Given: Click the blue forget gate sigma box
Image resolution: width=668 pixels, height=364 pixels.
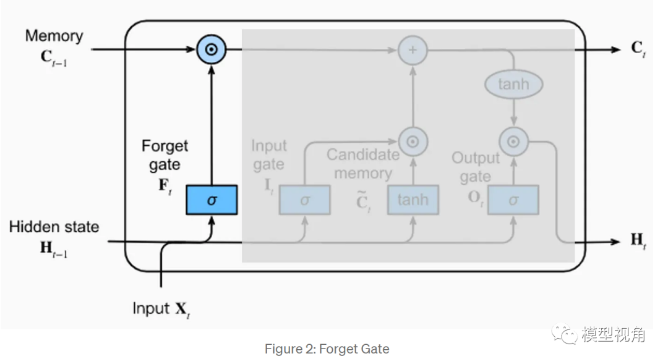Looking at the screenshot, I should click(212, 200).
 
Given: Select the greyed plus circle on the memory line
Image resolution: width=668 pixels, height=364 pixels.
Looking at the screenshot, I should click(412, 49).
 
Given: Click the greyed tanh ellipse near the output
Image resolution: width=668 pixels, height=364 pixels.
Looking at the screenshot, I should click(513, 84).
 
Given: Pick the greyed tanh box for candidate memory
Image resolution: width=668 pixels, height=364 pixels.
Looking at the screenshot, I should click(413, 200).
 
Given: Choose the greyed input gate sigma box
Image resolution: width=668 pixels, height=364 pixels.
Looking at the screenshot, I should click(304, 200).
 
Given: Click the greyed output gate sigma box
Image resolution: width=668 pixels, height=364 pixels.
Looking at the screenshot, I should click(513, 200).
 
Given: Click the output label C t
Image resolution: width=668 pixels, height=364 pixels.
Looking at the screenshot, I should click(638, 49).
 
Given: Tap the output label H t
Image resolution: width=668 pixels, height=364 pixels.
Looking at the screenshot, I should click(638, 240).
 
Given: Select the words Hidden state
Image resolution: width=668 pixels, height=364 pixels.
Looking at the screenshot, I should click(54, 227).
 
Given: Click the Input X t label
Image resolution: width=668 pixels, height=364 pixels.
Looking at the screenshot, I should click(161, 308).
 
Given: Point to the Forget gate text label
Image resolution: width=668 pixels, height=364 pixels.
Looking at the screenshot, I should click(165, 155).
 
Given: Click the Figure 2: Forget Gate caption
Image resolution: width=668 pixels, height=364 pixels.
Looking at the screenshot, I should click(327, 349).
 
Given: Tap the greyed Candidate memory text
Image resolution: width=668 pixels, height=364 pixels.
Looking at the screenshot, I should click(363, 164).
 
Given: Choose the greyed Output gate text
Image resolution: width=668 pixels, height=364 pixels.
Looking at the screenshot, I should click(475, 167).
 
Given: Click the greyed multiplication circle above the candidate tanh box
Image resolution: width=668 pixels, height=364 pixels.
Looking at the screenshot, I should click(413, 142).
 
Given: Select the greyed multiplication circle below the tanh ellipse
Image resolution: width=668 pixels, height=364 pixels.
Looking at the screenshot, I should click(513, 142).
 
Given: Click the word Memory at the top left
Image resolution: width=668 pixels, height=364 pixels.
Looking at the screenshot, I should click(54, 36).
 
